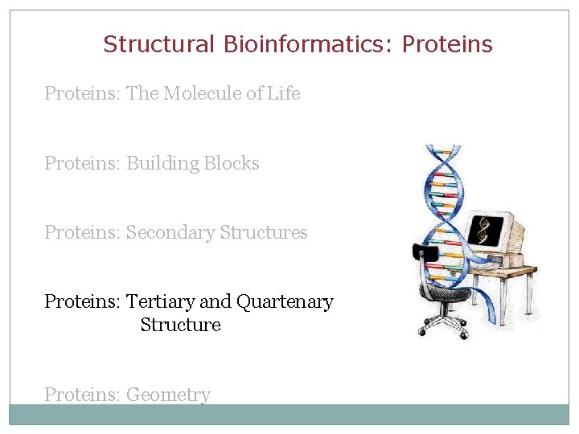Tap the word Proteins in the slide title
tap(447, 44)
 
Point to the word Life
tap(284, 93)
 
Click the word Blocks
tap(232, 163)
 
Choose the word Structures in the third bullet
tap(264, 233)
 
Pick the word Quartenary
tap(285, 302)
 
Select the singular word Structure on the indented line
tap(180, 325)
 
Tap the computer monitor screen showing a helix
tap(486, 231)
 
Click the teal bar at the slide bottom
tap(289, 414)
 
